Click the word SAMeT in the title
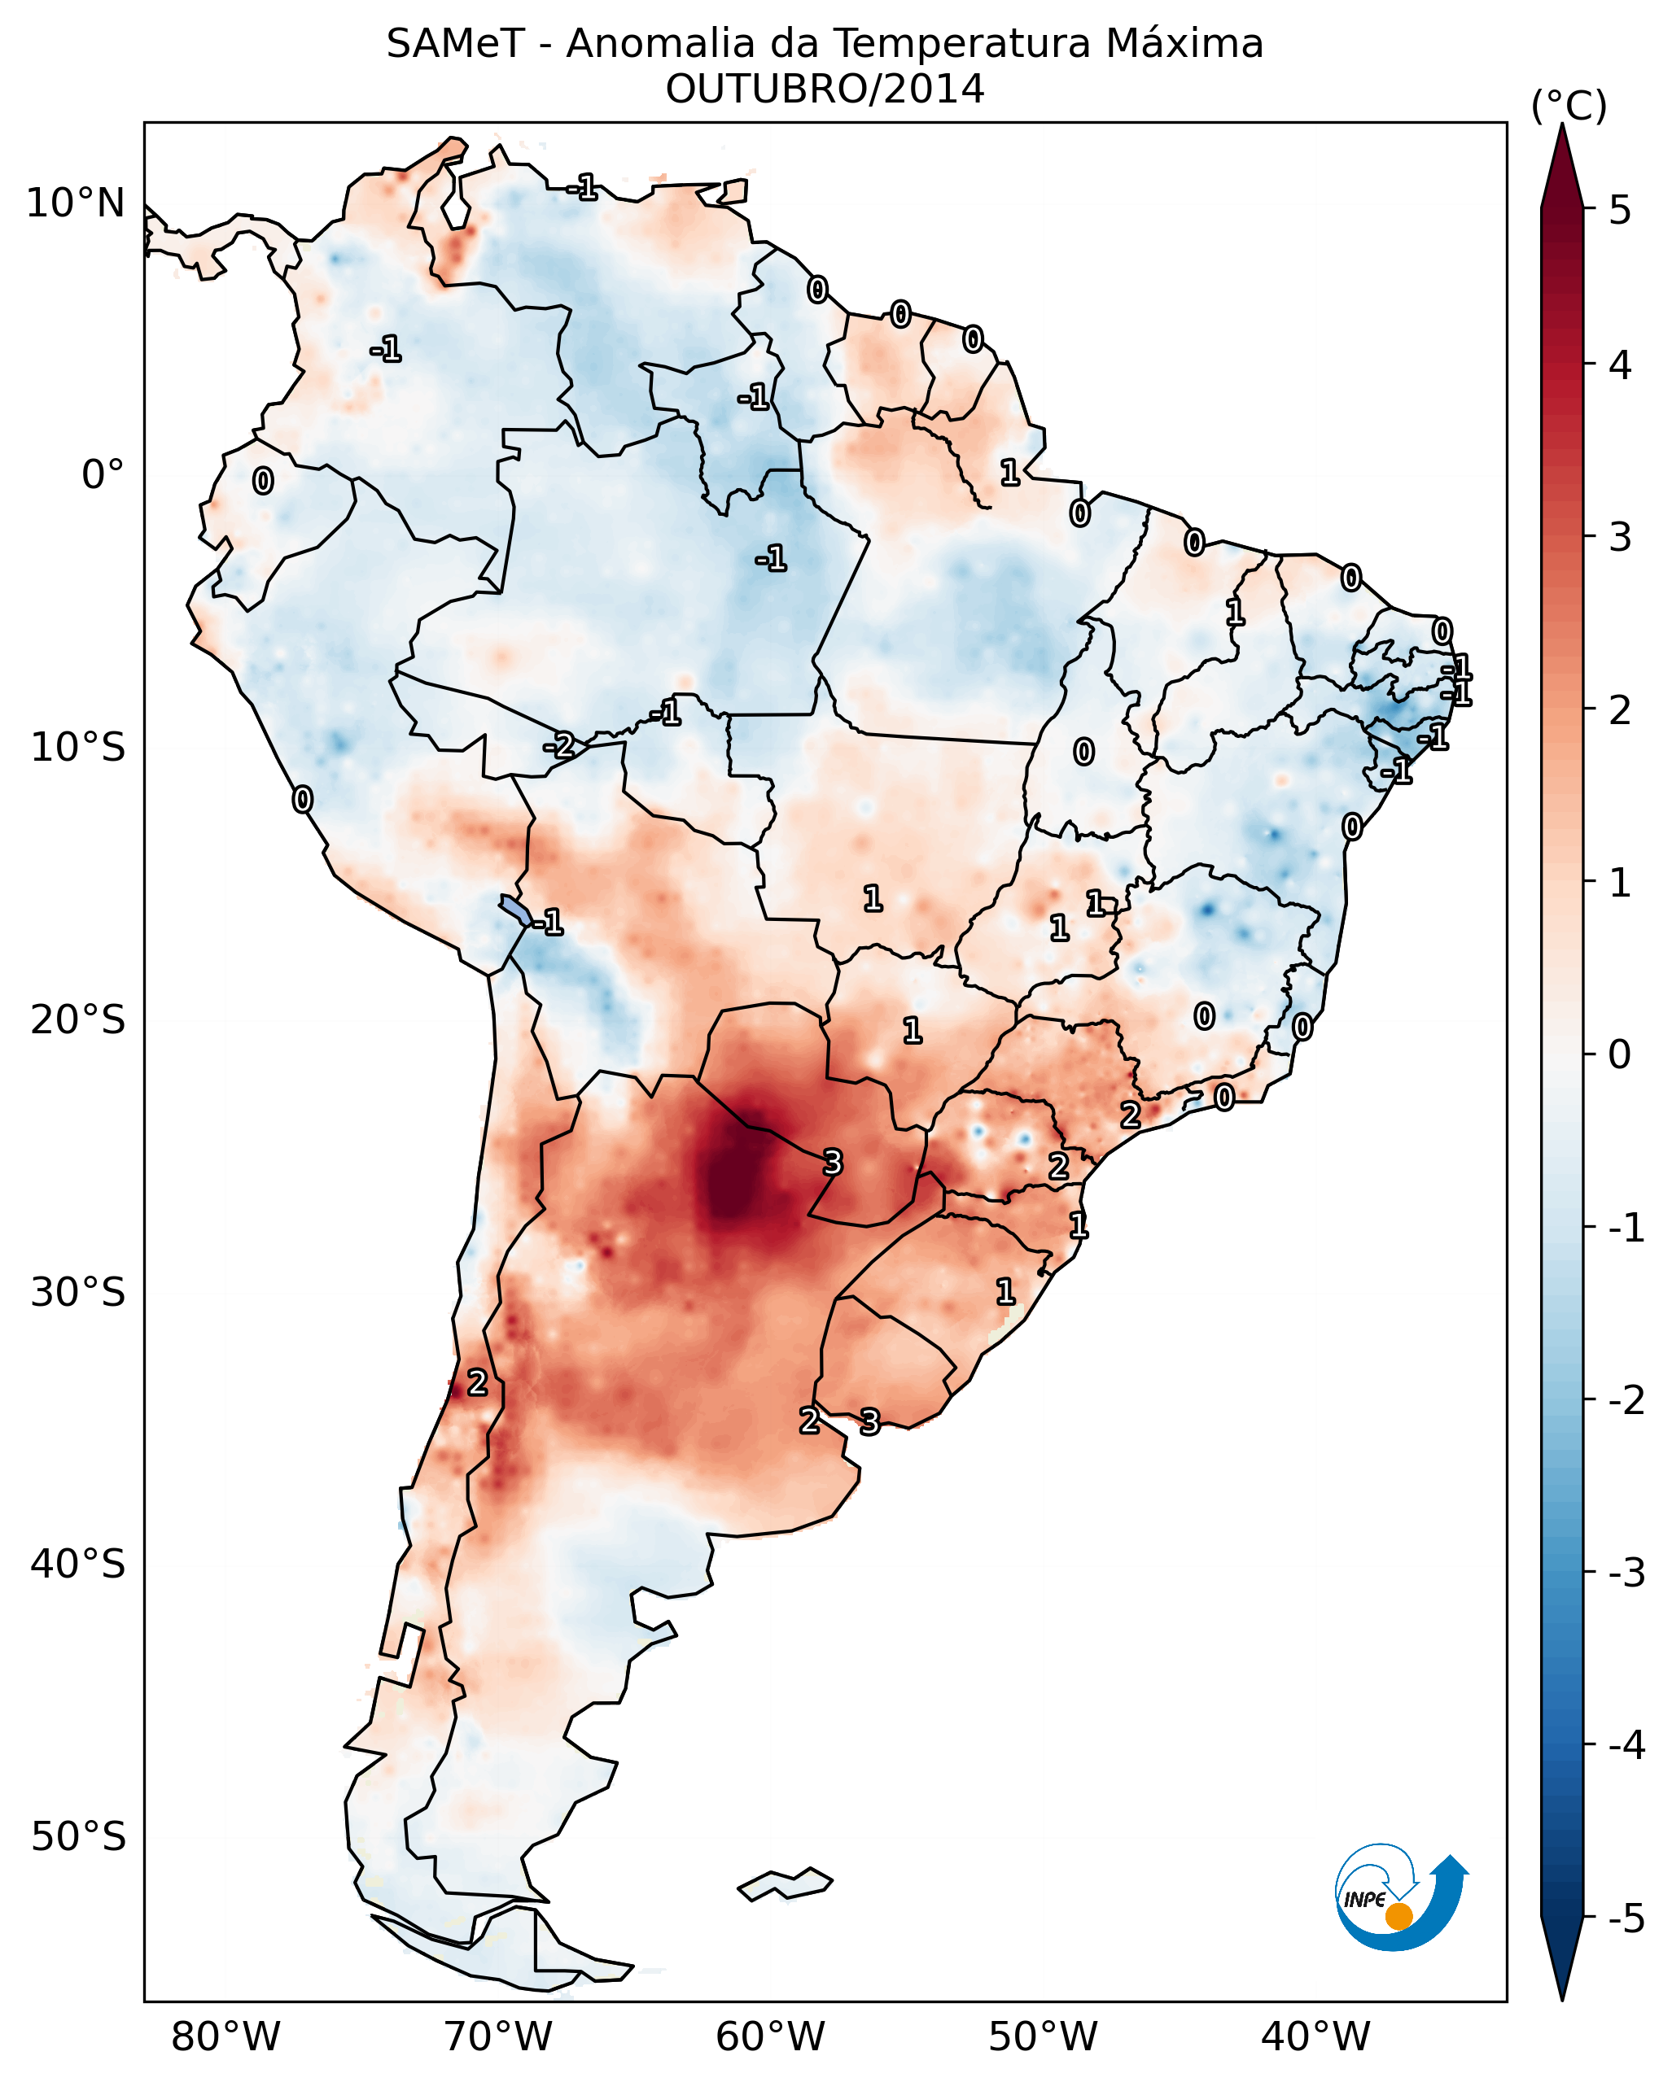(455, 45)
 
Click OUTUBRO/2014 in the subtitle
(825, 89)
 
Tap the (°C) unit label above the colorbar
(1569, 107)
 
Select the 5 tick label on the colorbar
(1620, 210)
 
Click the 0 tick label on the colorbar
(1620, 1054)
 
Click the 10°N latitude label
(76, 203)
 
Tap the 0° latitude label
(103, 475)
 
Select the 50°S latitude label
(77, 1837)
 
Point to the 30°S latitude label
(77, 1292)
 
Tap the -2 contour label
(558, 745)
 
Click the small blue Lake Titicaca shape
(514, 909)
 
